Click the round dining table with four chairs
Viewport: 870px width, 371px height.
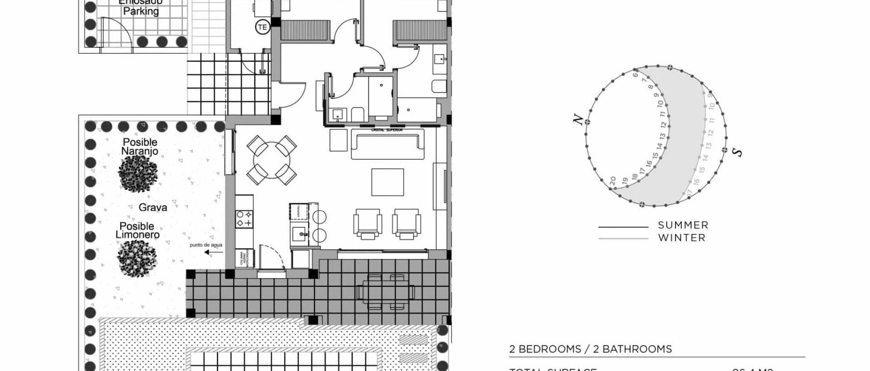271,160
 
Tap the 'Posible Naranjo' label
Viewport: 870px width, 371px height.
140,147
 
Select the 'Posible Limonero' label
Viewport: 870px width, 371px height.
137,230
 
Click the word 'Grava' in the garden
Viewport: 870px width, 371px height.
153,208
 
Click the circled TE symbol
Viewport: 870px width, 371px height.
262,27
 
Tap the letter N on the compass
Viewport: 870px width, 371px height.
578,119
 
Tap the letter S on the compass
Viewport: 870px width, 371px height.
738,152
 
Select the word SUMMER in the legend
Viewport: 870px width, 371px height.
683,225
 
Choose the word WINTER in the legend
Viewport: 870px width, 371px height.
681,238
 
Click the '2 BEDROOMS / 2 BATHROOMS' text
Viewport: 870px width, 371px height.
590,349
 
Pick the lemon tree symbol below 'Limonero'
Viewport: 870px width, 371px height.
137,258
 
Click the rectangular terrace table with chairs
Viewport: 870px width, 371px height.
386,292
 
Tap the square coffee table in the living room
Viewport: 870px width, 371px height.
387,182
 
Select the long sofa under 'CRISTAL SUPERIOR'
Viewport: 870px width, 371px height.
387,144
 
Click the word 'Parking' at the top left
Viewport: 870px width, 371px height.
141,11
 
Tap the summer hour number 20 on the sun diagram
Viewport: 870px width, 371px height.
613,181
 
